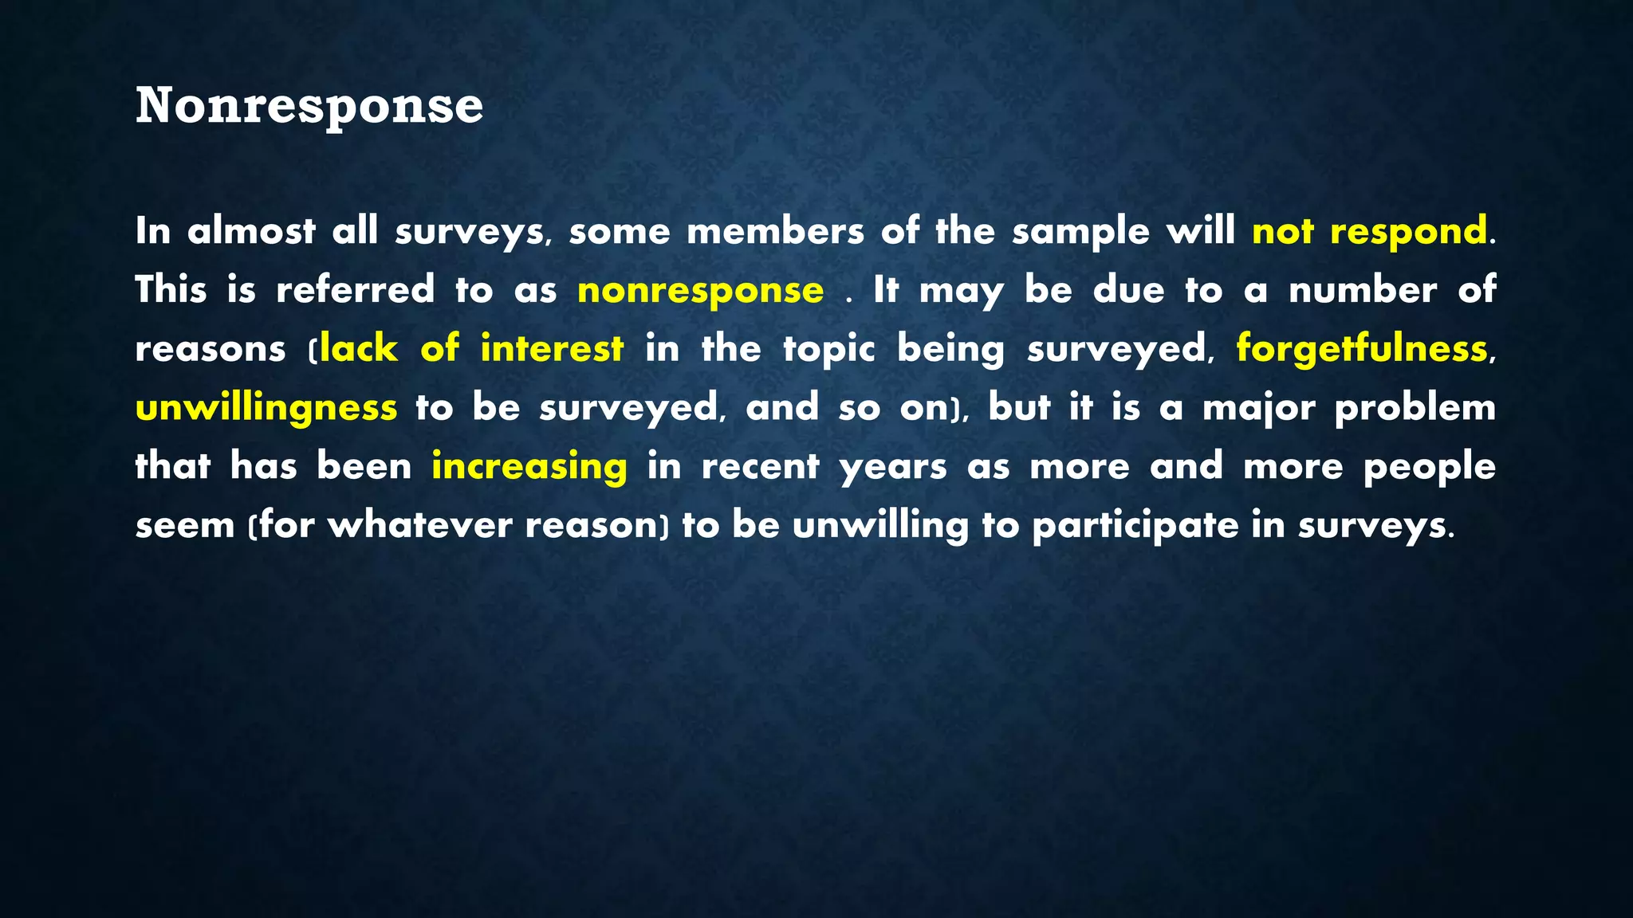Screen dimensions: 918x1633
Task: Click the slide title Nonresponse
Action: [x=309, y=106]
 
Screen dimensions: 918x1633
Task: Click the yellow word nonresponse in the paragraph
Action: [x=700, y=290]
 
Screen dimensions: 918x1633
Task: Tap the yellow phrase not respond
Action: [x=1369, y=232]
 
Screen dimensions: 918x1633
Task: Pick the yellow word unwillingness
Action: [x=266, y=408]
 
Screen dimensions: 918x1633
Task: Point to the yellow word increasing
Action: [x=529, y=467]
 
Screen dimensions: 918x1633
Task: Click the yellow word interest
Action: [x=552, y=349]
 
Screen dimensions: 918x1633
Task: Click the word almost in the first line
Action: [x=251, y=232]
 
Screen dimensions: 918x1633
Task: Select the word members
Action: [x=775, y=232]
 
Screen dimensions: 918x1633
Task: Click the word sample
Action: [x=1080, y=232]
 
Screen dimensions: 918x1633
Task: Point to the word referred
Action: [x=356, y=290]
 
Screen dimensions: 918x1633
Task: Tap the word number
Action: [x=1363, y=290]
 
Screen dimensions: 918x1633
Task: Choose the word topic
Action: [x=829, y=349]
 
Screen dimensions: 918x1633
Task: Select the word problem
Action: [x=1415, y=408]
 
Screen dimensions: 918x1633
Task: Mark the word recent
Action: [x=760, y=467]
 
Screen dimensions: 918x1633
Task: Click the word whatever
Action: [x=419, y=526]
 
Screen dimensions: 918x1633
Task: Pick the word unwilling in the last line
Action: [x=880, y=526]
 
